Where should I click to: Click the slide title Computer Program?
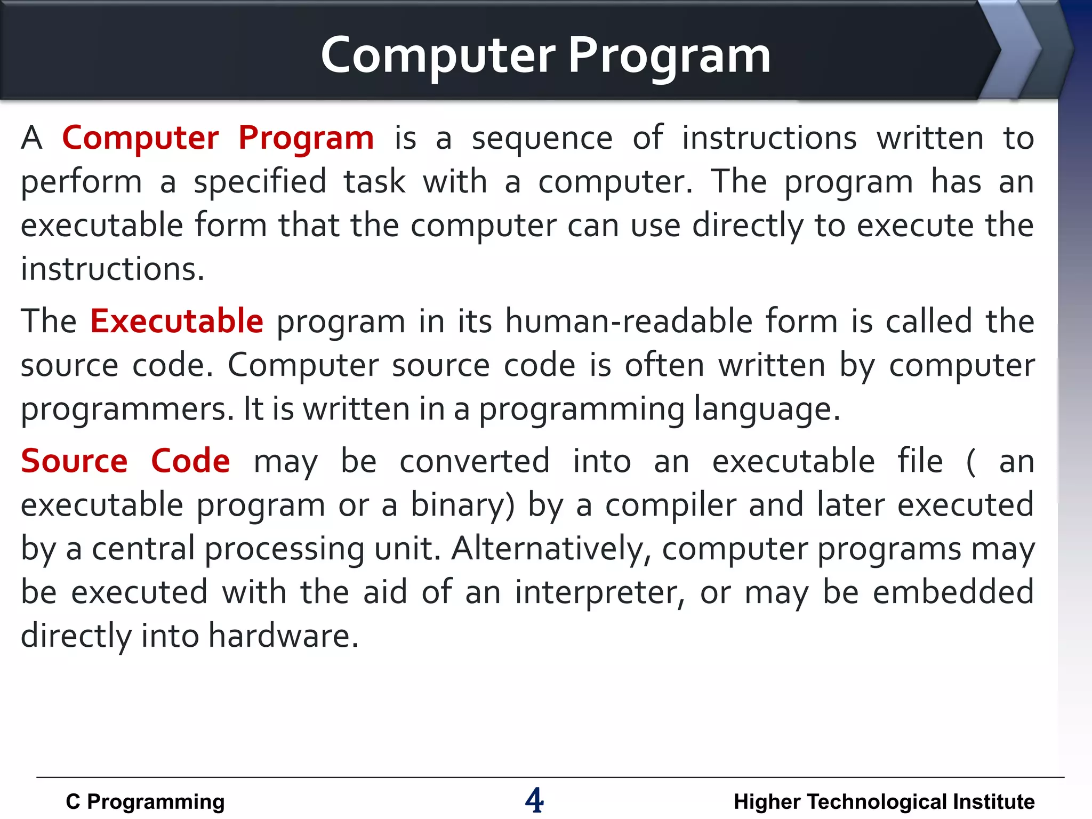(x=545, y=55)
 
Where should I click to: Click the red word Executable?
(x=176, y=321)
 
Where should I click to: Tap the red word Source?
(x=74, y=461)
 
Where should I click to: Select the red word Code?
(x=190, y=461)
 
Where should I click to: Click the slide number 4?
(x=534, y=800)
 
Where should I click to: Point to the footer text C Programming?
(x=145, y=802)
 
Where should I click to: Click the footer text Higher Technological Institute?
(x=884, y=802)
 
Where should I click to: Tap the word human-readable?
(x=629, y=321)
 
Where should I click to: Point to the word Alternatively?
(x=551, y=549)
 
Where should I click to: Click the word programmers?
(x=127, y=410)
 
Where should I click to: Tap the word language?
(x=767, y=410)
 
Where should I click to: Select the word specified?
(x=260, y=182)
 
